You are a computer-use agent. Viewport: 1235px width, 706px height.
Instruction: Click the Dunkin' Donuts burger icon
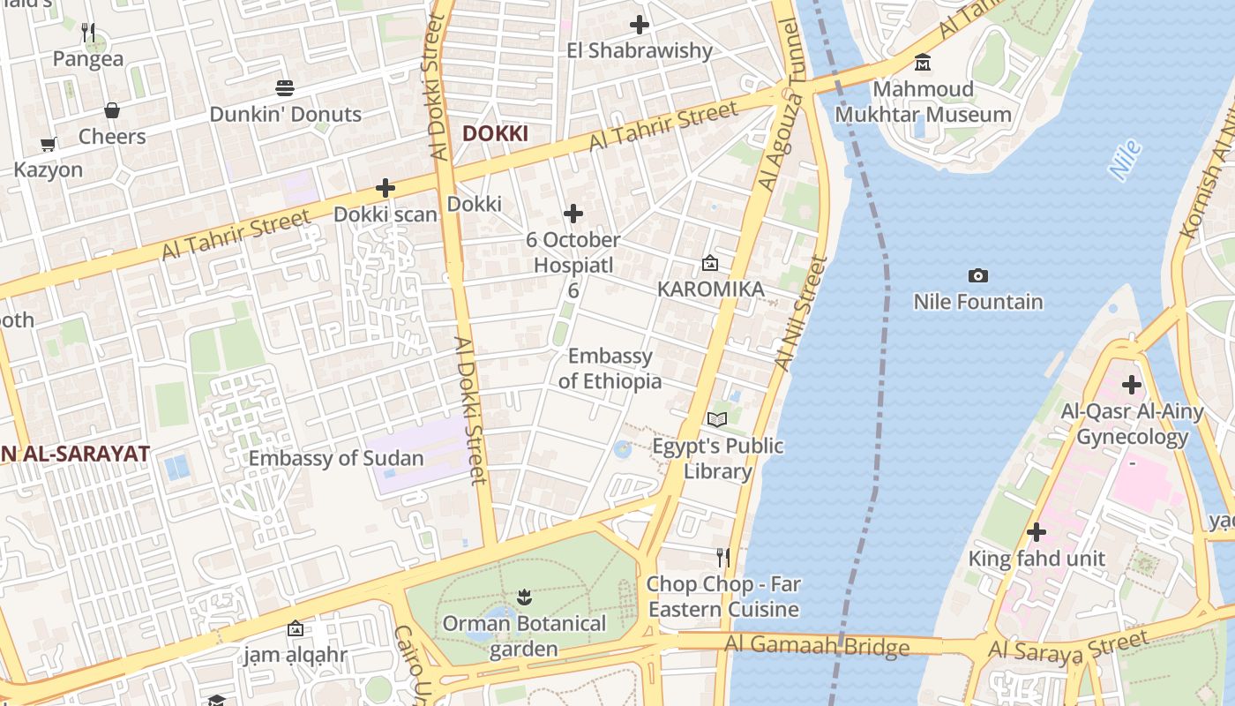284,88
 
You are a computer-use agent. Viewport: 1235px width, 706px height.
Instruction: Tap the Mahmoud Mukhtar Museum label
923,101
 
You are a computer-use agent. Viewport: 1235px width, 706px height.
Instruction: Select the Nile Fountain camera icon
977,276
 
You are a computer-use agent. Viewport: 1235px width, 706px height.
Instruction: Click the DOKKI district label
495,133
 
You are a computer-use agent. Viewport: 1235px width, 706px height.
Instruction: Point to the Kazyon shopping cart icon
49,144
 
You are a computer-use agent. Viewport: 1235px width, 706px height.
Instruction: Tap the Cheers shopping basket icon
112,110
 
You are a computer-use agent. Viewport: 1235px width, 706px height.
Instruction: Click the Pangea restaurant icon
88,33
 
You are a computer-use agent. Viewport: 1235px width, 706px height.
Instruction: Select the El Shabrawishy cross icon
640,25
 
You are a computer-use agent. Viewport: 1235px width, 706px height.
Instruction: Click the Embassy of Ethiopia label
610,368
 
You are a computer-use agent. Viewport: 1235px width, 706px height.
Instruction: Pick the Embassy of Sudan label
336,458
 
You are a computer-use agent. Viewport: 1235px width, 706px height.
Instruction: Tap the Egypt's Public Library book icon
717,419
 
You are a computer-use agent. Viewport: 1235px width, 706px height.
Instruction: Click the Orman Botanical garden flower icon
524,597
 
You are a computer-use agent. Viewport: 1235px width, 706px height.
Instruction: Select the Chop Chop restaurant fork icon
723,558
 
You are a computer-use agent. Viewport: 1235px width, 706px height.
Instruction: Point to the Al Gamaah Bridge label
817,646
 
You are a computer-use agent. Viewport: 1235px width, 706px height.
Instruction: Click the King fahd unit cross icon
1037,532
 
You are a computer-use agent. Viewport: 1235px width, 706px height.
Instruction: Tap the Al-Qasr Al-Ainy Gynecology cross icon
1131,386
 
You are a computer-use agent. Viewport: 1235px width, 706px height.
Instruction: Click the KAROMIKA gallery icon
710,263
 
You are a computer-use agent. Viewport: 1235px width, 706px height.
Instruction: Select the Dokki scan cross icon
385,188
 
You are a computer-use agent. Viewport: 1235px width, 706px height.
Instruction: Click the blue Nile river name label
1126,161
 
